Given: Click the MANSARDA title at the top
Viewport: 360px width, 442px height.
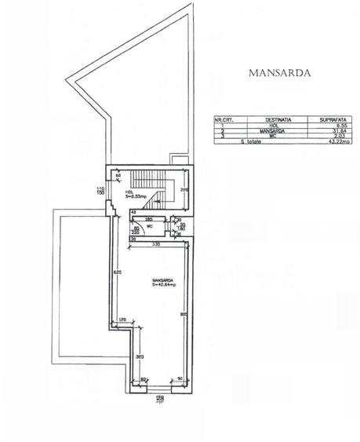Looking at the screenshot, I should (x=280, y=73).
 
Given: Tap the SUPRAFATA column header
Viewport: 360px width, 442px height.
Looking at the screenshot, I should (x=328, y=119).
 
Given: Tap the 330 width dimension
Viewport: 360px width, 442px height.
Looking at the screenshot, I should (x=156, y=245).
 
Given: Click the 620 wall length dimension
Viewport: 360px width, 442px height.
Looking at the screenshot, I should (x=115, y=272).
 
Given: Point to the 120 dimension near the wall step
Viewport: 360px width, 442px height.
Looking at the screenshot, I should (x=122, y=320).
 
